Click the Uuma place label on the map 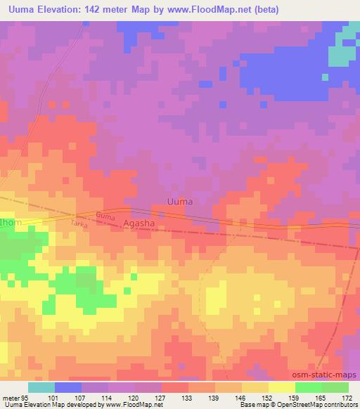[x=179, y=202]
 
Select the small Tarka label [x=79, y=223]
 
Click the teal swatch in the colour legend [x=41, y=387]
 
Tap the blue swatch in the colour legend [x=68, y=387]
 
